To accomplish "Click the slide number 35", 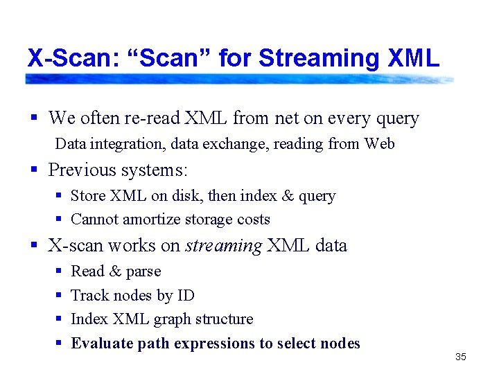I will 461,357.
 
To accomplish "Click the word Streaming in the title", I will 319,58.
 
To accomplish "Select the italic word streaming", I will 224,245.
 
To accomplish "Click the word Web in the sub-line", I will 379,144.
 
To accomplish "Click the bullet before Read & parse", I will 58,272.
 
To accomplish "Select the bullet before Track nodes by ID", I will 58,296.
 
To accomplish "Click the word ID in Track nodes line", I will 186,296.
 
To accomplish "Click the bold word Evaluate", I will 102,344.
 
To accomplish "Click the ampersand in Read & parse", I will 114,271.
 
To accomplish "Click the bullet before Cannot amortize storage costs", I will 58,220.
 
